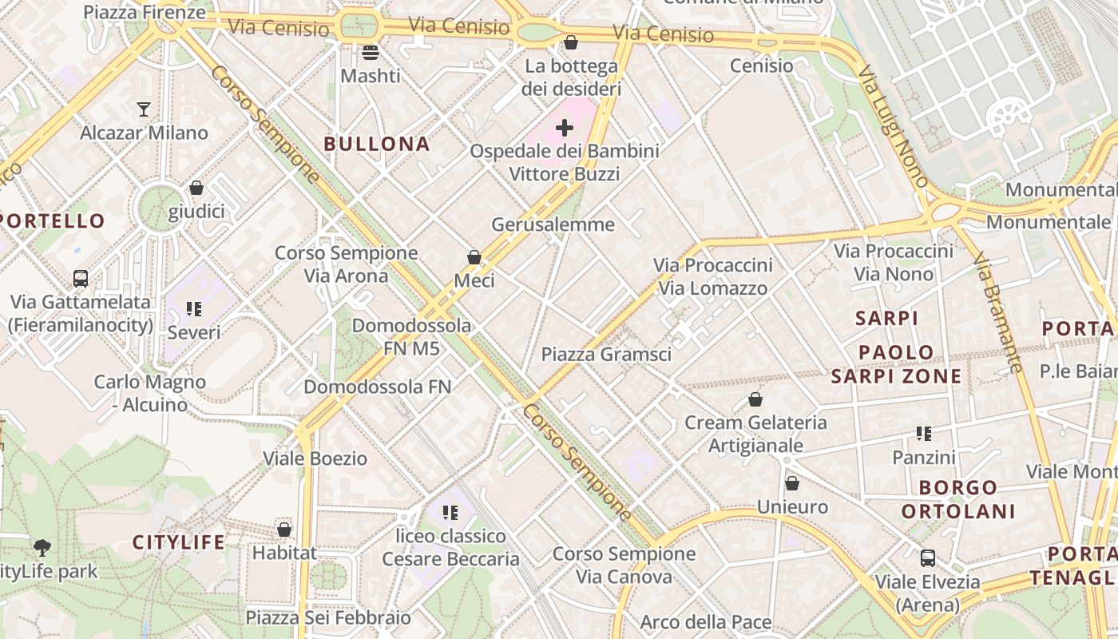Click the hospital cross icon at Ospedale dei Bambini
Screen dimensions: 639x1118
565,128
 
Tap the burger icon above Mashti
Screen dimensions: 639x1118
370,53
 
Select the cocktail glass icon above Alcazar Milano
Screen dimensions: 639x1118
144,109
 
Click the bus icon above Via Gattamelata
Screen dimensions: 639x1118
81,279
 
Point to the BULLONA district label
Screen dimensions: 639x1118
377,145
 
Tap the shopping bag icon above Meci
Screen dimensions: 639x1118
474,257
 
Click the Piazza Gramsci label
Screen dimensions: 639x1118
606,355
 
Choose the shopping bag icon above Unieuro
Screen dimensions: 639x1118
792,483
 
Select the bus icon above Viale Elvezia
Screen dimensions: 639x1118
928,558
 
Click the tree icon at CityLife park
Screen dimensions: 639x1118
42,548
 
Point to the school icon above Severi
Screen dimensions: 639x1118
194,308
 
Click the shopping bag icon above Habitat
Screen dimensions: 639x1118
284,530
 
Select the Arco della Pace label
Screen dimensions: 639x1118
706,622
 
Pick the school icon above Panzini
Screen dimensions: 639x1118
924,434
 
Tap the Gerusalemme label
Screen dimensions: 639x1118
553,224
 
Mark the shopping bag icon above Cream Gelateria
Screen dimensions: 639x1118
755,399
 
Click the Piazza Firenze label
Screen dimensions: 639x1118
145,12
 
